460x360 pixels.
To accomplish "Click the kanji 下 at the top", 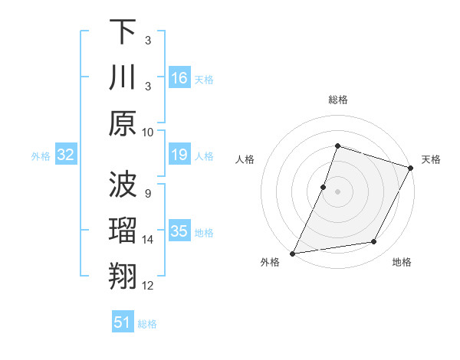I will [x=123, y=32].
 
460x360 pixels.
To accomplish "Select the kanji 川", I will [x=123, y=77].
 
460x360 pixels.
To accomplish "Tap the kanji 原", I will [x=123, y=123].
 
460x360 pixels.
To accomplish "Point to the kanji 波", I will [x=123, y=185].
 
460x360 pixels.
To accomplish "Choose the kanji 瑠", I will [x=123, y=231].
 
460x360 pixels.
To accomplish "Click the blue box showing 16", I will [x=179, y=78].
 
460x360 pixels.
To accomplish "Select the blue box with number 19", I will [x=179, y=155].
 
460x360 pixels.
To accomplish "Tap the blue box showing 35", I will [x=179, y=232].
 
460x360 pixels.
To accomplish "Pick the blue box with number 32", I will [x=65, y=155].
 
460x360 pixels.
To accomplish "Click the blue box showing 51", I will [x=123, y=322].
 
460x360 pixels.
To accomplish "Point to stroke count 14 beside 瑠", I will [x=148, y=240].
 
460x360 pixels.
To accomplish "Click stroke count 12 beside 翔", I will [x=148, y=286].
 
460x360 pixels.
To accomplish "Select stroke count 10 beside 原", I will [x=148, y=132].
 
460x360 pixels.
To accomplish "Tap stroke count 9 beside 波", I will [x=147, y=194].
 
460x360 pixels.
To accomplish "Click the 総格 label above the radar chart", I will [x=337, y=100].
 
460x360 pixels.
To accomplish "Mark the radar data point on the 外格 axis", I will [x=293, y=253].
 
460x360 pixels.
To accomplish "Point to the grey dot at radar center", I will [x=337, y=191].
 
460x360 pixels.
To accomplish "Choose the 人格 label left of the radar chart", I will [x=245, y=159].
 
